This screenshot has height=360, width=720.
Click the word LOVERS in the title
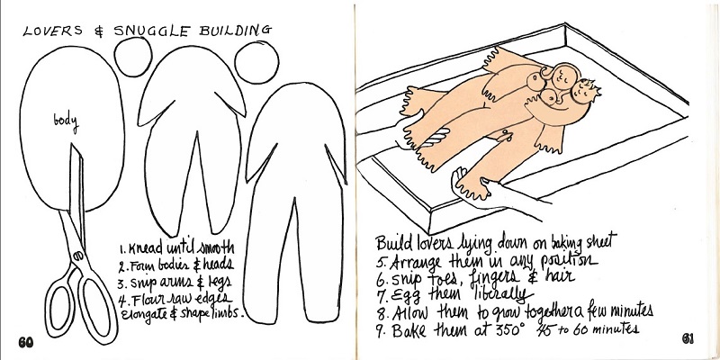pos(53,31)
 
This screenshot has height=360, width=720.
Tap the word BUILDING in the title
pos(235,31)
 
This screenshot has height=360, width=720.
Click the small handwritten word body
pos(66,121)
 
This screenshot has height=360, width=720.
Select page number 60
pos(26,342)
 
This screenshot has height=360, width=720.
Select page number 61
pos(688,339)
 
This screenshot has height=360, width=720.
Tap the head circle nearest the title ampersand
pos(133,57)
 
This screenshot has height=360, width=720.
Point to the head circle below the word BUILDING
pos(256,62)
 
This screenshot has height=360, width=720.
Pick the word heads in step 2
pos(218,265)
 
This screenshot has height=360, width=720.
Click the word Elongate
pos(141,316)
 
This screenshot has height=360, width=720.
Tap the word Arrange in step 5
pos(416,263)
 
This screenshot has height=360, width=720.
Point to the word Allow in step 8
pos(410,312)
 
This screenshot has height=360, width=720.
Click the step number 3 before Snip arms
pos(121,283)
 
